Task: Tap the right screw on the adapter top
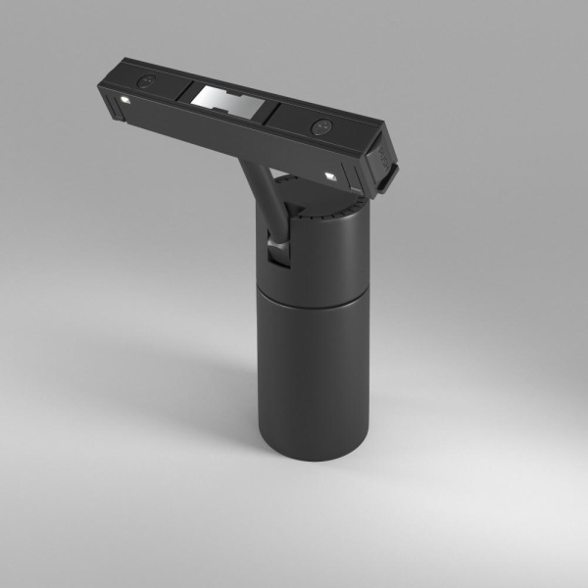pos(320,126)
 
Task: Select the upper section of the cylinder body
pos(318,245)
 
